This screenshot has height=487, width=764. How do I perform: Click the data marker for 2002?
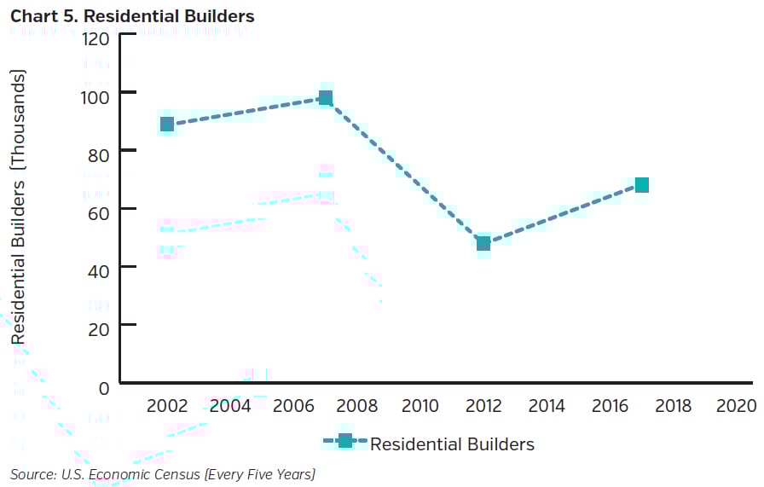tap(167, 125)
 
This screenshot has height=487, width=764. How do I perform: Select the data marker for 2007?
tap(325, 98)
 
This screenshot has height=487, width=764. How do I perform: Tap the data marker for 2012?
tap(483, 243)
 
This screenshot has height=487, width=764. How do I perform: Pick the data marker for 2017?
tap(641, 185)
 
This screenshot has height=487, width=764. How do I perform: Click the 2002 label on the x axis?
tap(167, 405)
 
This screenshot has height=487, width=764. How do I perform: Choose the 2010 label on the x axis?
tap(420, 405)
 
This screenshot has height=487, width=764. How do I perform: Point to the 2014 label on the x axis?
tap(546, 405)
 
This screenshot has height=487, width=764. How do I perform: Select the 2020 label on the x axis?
tap(735, 405)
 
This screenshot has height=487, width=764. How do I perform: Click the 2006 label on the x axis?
tap(293, 405)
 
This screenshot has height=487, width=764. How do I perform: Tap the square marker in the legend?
tap(344, 442)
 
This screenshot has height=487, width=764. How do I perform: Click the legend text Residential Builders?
tap(452, 444)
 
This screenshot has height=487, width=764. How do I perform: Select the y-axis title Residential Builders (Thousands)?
tap(19, 208)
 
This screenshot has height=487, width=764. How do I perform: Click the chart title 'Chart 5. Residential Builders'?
tap(132, 16)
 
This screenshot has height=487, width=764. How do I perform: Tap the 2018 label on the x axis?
tap(672, 405)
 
